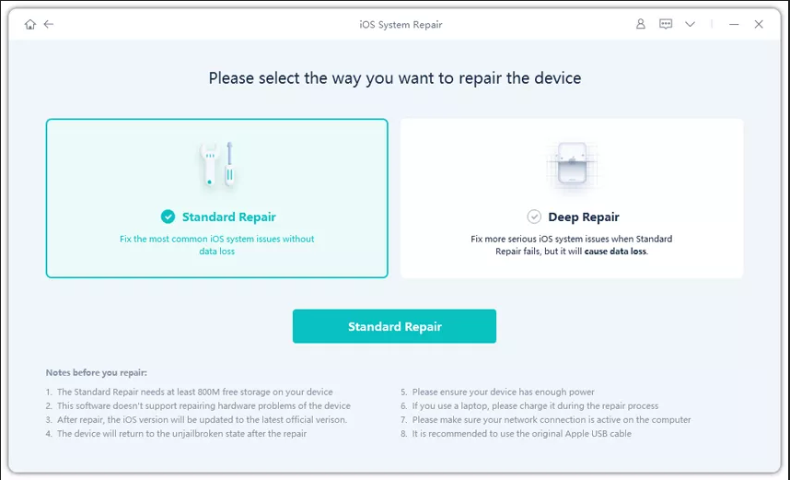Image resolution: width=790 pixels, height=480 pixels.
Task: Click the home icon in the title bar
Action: pos(30,24)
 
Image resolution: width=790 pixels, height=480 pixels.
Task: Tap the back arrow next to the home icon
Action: pos(49,24)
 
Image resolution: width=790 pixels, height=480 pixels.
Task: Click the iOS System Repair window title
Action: pos(401,24)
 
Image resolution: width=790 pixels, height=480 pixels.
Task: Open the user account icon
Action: pos(640,24)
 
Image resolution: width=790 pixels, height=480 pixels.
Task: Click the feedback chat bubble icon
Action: pos(666,24)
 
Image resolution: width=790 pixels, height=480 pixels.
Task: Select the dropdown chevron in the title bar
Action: pos(690,24)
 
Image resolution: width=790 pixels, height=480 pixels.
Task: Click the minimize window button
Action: pos(734,24)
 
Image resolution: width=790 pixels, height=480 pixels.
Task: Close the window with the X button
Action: pos(759,24)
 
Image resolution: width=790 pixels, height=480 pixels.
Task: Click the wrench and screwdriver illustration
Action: pos(217,164)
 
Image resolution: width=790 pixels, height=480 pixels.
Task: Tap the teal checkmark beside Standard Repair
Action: pos(168,217)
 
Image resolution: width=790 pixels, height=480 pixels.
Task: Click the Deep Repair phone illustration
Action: pos(572,163)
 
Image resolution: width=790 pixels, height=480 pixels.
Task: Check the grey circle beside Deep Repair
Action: pos(534,217)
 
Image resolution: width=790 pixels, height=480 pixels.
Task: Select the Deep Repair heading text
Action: pos(584,217)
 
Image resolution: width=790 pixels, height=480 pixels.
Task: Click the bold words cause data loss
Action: pos(615,252)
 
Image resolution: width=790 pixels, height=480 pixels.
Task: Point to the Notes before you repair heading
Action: pos(97,372)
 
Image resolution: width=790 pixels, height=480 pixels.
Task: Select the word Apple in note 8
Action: pos(578,434)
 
